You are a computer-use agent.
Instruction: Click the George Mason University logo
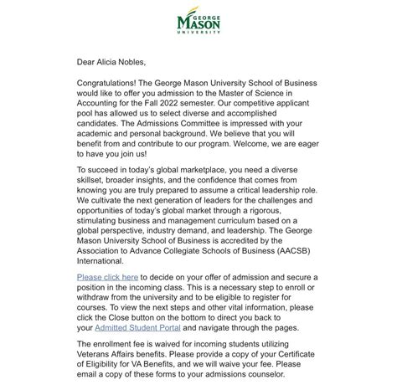pyautogui.click(x=198, y=24)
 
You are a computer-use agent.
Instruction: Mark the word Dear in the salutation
pyautogui.click(x=88, y=61)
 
